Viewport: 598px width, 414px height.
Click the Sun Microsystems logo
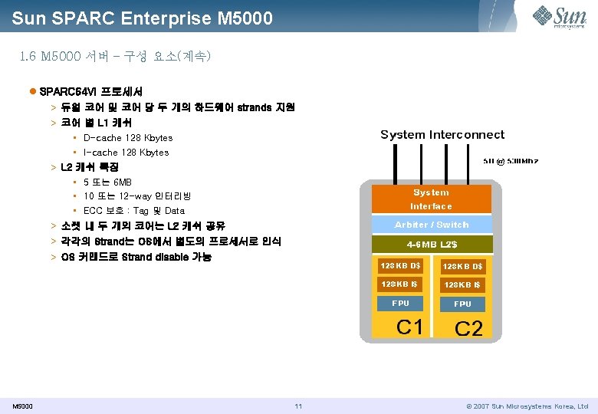pos(560,17)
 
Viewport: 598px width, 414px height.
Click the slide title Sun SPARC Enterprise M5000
pos(142,17)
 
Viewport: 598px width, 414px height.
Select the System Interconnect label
pos(442,135)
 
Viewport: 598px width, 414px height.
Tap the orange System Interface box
pos(431,199)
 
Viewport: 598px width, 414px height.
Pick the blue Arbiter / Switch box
pos(431,225)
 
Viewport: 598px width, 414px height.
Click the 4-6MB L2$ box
pos(431,245)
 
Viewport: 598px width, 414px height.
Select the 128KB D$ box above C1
pos(401,266)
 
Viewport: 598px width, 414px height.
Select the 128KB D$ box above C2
pos(462,266)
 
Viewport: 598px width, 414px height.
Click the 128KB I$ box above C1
pos(401,284)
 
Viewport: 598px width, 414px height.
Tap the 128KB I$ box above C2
pos(462,284)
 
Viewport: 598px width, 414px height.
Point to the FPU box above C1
pos(401,304)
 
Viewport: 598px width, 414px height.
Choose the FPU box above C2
pos(462,304)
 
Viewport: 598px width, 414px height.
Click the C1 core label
pos(409,327)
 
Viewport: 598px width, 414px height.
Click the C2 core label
pos(468,329)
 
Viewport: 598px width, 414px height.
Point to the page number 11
pos(298,406)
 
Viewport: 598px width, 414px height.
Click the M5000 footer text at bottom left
pos(22,406)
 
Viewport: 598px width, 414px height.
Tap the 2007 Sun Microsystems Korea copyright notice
pos(527,406)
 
